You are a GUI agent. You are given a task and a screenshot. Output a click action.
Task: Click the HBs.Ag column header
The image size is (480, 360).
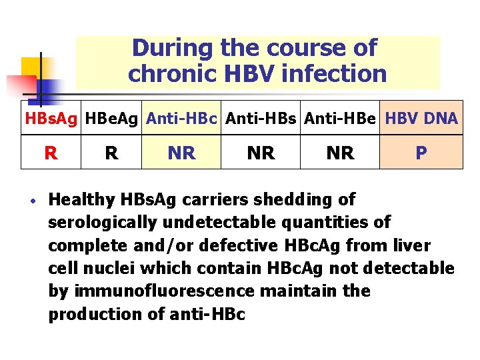click(x=51, y=119)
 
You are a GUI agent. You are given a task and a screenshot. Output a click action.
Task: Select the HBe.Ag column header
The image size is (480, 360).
click(x=112, y=119)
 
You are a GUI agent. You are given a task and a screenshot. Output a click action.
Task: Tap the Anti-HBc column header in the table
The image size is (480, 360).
click(x=182, y=119)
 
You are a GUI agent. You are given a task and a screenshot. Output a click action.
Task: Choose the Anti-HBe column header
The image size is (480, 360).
click(x=341, y=119)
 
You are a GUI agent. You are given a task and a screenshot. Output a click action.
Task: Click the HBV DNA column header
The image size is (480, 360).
click(x=421, y=119)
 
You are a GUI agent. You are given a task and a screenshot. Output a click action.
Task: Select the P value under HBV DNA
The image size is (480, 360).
click(x=421, y=153)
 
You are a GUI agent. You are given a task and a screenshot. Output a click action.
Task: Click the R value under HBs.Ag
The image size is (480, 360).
click(x=51, y=153)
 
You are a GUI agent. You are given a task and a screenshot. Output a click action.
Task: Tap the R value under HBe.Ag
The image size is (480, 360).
click(x=112, y=153)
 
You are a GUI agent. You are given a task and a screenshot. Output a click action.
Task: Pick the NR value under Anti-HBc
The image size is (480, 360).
click(x=182, y=153)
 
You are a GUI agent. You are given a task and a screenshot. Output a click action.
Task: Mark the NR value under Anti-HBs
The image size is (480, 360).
click(x=261, y=153)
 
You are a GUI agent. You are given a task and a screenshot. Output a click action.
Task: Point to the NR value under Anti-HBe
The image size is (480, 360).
click(x=341, y=153)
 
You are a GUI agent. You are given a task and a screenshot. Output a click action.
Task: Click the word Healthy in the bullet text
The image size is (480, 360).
click(x=82, y=199)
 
